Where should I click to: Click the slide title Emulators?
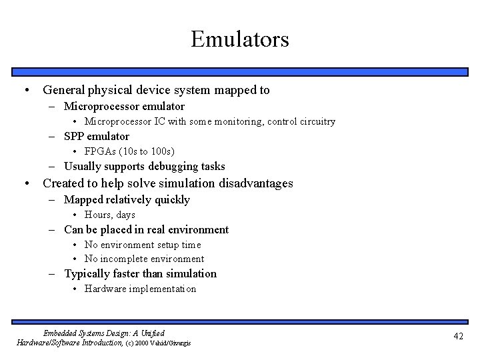[240, 39]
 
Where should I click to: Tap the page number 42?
[458, 336]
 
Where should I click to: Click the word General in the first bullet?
[65, 89]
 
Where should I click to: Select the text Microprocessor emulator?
[124, 107]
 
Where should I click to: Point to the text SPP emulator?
[97, 137]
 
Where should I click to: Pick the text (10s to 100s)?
[148, 151]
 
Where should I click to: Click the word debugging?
[162, 167]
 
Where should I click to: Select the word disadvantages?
[256, 183]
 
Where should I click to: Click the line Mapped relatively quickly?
[127, 200]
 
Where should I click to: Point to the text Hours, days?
[109, 215]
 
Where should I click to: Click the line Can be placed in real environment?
[146, 230]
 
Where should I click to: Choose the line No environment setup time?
[143, 245]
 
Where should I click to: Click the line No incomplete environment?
[144, 259]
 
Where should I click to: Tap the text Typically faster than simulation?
[140, 274]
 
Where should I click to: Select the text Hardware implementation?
[140, 289]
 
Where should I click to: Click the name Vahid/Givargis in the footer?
[176, 343]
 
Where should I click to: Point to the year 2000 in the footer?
[147, 343]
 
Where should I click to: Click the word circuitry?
[314, 121]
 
